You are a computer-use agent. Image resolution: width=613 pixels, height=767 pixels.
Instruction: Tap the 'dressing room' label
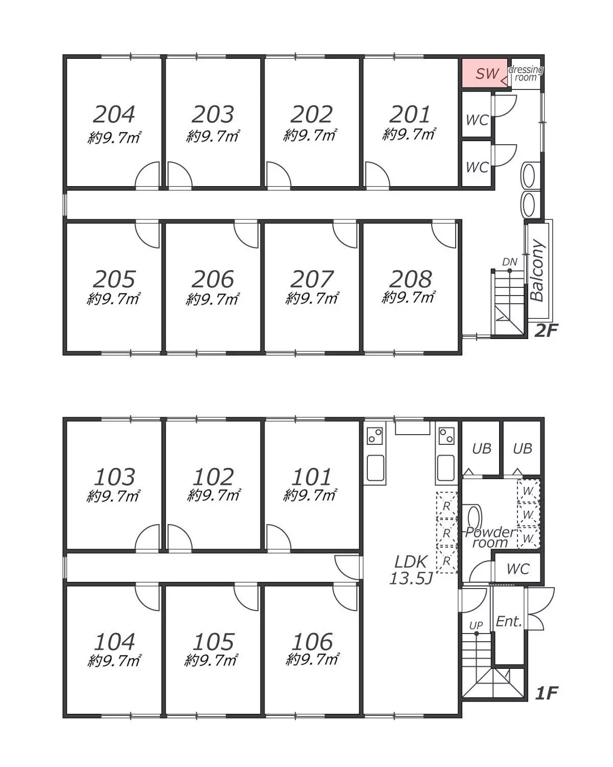point(526,74)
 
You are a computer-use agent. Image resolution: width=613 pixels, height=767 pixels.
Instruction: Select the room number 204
point(114,115)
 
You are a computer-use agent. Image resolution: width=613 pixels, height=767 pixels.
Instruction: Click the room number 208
point(410,279)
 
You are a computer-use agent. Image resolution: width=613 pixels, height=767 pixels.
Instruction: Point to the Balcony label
point(537,271)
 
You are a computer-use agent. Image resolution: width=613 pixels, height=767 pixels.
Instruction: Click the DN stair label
point(510,262)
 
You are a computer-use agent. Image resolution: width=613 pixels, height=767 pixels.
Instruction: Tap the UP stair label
point(476,625)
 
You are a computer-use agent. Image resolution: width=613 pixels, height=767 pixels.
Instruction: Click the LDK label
point(410,562)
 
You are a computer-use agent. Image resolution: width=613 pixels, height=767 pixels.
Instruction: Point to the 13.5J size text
point(411,578)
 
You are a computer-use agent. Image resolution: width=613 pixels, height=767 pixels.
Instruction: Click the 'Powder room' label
point(490,537)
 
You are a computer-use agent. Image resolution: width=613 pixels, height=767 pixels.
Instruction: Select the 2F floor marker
point(546,331)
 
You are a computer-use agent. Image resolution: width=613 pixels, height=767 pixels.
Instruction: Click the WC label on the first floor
point(518,569)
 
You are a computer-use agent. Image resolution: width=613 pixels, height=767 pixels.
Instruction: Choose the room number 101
point(312,477)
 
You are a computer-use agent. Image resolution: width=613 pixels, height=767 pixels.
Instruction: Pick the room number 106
point(313,642)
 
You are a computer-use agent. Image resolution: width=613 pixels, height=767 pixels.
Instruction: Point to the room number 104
point(114,642)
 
